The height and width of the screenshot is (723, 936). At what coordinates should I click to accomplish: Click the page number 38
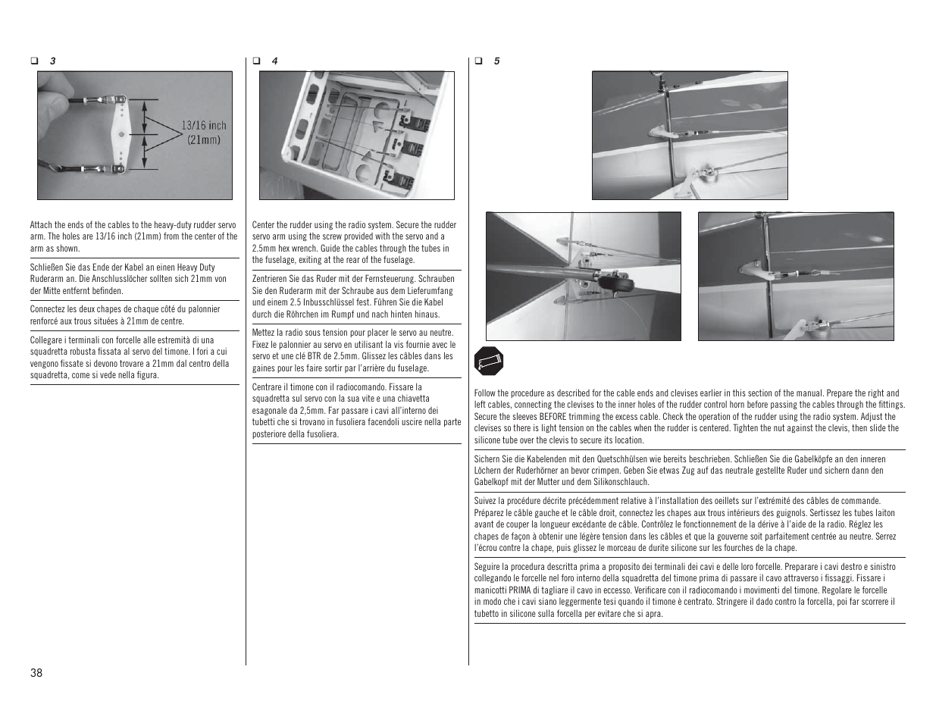36,673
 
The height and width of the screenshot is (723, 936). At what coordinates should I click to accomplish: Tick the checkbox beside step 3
33,61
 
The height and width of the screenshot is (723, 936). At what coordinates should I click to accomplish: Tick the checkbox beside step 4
256,61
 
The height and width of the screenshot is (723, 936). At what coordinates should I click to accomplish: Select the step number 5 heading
496,61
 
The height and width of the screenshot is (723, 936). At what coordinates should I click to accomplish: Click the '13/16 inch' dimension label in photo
203,126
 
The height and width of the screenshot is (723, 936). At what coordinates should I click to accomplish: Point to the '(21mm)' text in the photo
203,139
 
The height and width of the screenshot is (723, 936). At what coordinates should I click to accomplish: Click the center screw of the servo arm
121,135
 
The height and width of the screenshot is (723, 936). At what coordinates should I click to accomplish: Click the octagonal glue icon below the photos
489,362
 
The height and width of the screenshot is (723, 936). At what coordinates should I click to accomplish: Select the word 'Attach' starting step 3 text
41,225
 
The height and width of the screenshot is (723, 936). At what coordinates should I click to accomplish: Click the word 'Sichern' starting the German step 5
488,459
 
